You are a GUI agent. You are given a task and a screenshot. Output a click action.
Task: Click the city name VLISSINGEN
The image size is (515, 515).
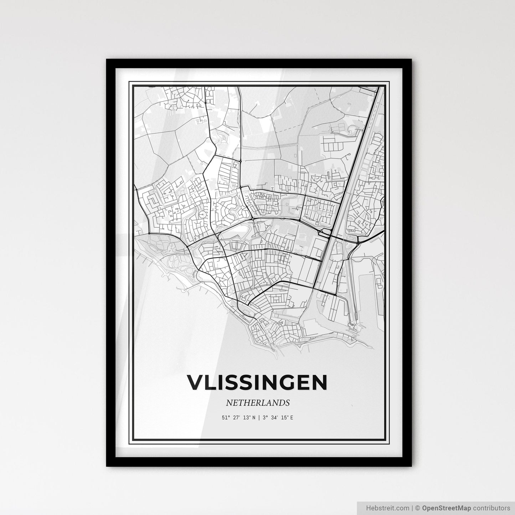click(x=257, y=382)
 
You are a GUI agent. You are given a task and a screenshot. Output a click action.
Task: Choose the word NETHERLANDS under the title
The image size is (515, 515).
click(x=257, y=403)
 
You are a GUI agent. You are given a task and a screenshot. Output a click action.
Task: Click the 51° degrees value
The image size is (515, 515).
click(x=225, y=417)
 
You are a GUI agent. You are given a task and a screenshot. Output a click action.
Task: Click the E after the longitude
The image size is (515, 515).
click(x=292, y=417)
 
